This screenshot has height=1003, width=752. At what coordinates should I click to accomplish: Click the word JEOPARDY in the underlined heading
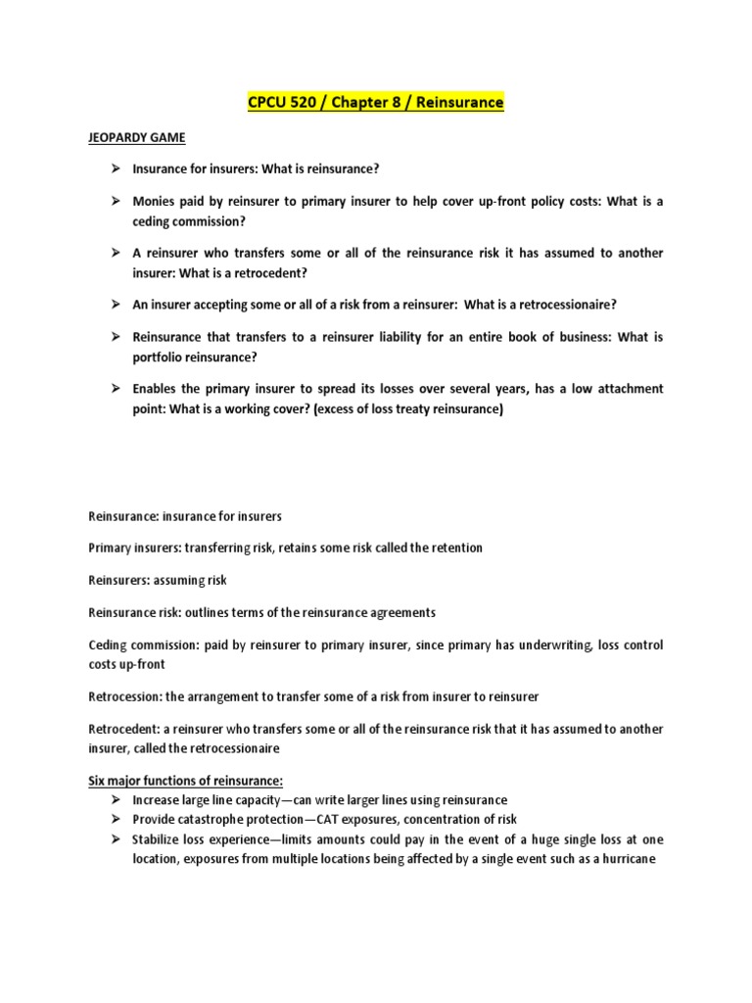tap(120, 138)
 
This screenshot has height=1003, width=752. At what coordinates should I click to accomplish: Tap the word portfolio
tap(161, 358)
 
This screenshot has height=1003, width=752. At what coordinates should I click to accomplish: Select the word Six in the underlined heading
tap(98, 781)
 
